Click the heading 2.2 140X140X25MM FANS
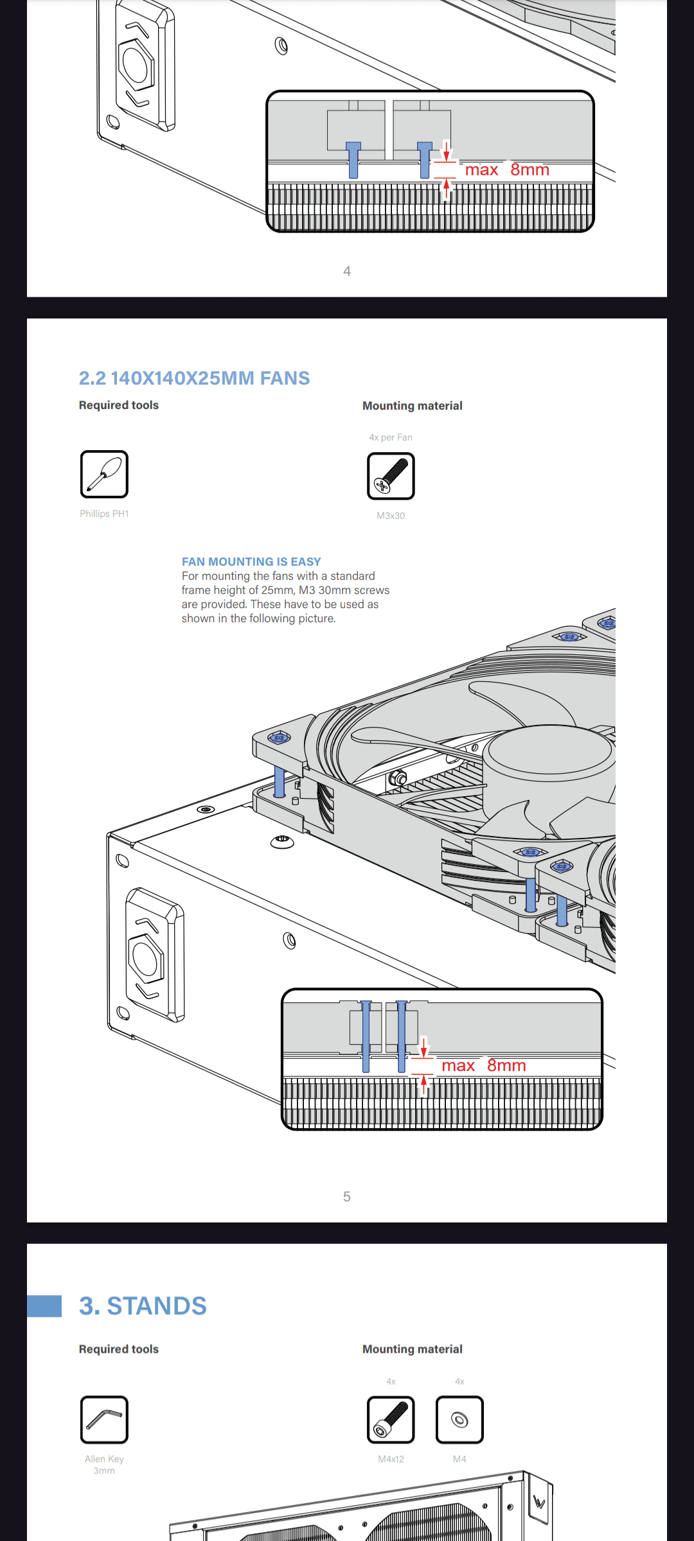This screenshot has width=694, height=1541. [x=194, y=378]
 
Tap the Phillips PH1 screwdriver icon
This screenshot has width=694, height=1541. [x=104, y=474]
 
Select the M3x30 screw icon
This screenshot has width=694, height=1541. [x=391, y=476]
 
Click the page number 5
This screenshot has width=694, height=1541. [x=347, y=1196]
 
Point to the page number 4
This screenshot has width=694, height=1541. [x=347, y=271]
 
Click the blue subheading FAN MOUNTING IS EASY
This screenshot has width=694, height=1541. [x=251, y=562]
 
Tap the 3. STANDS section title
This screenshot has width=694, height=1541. [x=143, y=1306]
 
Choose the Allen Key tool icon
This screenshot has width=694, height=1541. [x=104, y=1420]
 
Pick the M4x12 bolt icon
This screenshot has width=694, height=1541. [x=391, y=1420]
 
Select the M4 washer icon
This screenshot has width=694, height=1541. [x=459, y=1420]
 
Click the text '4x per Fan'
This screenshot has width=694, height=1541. [x=391, y=437]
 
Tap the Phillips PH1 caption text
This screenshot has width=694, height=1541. [x=104, y=514]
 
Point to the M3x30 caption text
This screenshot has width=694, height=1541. [x=391, y=516]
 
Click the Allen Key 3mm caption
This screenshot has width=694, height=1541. [x=104, y=1465]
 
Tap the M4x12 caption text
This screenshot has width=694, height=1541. [x=391, y=1459]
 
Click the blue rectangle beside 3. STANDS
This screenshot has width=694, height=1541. [x=44, y=1306]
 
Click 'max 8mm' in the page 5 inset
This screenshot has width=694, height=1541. [x=484, y=1065]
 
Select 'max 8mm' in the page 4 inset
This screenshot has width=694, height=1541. [x=507, y=170]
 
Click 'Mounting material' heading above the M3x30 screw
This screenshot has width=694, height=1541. [x=413, y=406]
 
